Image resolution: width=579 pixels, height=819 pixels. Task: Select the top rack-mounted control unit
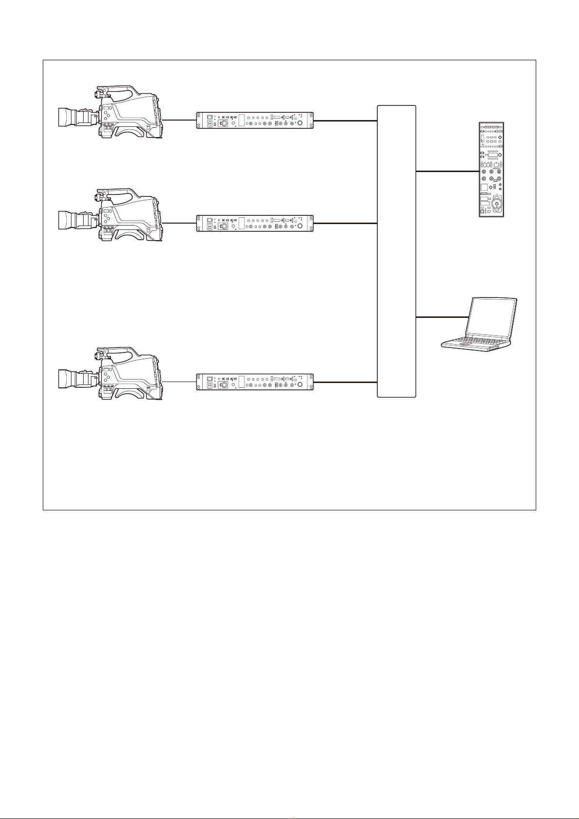[x=255, y=121]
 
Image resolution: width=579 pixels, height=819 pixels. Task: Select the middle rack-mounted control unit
[x=255, y=223]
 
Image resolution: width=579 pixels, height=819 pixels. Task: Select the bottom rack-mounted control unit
[x=255, y=383]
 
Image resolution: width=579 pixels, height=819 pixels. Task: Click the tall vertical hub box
[x=397, y=251]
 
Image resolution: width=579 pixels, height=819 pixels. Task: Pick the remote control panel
[x=491, y=169]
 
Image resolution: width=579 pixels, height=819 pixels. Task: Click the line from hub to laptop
[x=441, y=317]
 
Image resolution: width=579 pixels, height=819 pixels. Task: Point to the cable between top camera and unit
[x=179, y=120]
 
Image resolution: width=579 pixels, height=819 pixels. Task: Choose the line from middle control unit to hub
[x=345, y=223]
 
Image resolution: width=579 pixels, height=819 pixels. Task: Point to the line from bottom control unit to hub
[x=345, y=383]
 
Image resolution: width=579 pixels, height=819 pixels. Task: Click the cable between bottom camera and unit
[x=179, y=382]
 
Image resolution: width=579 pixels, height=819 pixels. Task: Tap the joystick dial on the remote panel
[x=497, y=204]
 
